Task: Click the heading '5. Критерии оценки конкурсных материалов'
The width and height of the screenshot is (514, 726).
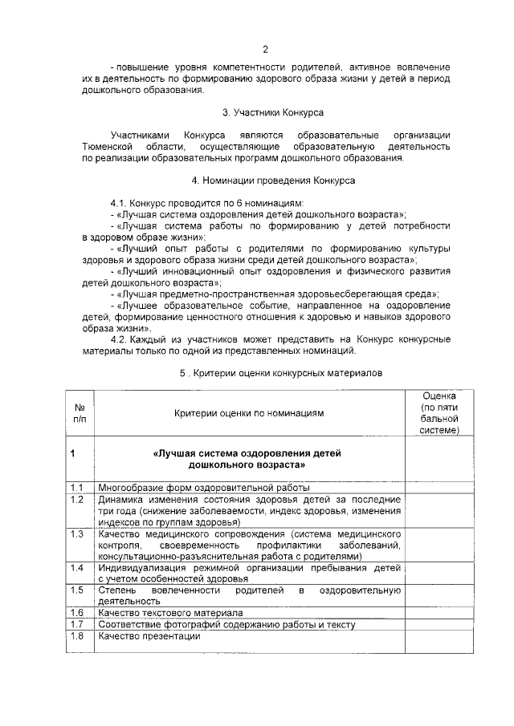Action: point(275,373)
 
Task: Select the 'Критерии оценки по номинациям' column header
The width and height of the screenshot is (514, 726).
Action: point(249,412)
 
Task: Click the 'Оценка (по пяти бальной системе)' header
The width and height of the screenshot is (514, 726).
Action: point(439,412)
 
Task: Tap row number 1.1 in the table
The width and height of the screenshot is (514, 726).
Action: point(78,487)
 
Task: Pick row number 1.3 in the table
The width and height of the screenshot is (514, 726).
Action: point(78,533)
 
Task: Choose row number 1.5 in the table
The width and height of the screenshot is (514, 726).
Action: point(78,590)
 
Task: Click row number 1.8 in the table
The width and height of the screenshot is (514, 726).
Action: point(78,637)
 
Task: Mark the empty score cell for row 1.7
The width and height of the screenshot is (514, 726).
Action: point(439,624)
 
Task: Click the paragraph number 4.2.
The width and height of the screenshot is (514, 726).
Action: point(122,339)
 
